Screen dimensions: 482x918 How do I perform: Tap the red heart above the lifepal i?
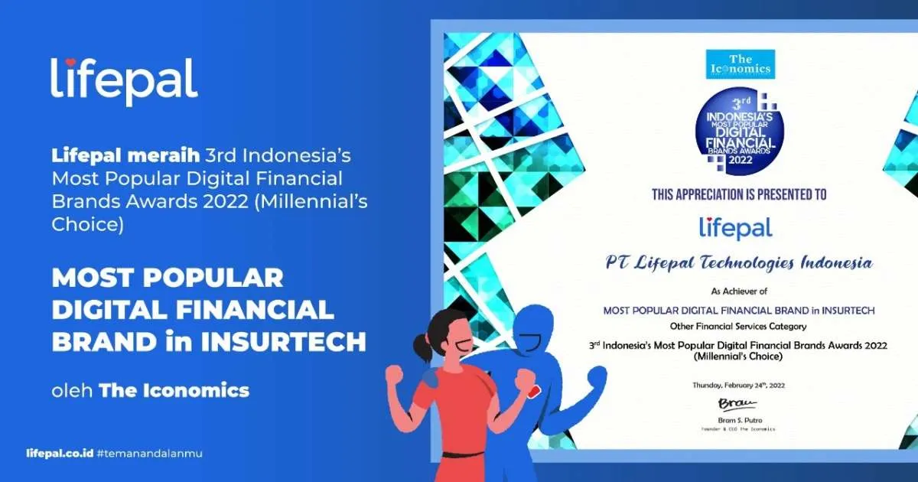point(69,63)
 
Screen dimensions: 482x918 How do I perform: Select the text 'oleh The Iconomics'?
point(150,391)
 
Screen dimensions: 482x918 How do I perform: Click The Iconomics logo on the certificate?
point(740,64)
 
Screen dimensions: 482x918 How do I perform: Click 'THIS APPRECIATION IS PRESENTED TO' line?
point(739,194)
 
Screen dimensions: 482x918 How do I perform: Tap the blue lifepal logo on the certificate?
point(736,227)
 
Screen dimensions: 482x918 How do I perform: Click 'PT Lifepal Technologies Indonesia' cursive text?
point(739,263)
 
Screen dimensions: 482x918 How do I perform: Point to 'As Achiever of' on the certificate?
point(738,291)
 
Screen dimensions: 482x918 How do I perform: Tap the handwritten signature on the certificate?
point(737,403)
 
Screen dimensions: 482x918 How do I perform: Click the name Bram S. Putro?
point(738,420)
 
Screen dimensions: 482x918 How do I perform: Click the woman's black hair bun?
point(422,350)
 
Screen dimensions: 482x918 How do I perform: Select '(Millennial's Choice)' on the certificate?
point(738,357)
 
